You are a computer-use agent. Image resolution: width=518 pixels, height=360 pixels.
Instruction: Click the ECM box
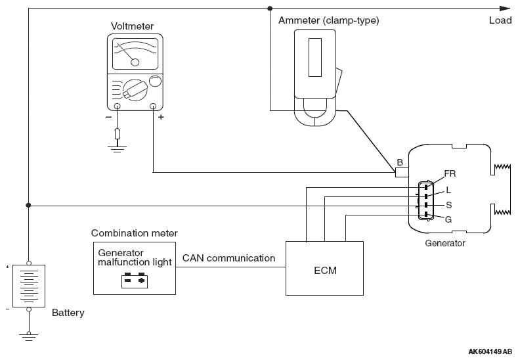click(324, 268)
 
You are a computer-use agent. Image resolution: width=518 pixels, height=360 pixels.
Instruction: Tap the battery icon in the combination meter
click(135, 281)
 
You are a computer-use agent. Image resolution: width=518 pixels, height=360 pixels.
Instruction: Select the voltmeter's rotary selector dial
click(135, 90)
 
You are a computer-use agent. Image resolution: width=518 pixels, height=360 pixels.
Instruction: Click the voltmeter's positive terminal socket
click(153, 106)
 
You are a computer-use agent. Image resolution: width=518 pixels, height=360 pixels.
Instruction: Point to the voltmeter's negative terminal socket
click(118, 106)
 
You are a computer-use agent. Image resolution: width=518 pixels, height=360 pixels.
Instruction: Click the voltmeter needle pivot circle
click(135, 62)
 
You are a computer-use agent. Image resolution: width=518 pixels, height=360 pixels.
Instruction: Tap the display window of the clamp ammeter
click(315, 58)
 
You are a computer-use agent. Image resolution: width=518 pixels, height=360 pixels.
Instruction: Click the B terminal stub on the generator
click(402, 172)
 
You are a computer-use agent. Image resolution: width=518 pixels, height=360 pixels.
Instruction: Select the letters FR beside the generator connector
click(450, 173)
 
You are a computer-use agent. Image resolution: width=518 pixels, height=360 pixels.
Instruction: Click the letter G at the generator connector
click(448, 219)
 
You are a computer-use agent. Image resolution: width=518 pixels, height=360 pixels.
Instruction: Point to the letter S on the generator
click(448, 205)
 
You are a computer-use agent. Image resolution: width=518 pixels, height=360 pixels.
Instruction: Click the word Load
click(500, 20)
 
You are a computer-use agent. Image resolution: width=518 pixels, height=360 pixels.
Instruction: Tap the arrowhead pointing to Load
click(505, 9)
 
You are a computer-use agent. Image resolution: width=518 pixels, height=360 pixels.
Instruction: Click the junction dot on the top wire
click(270, 9)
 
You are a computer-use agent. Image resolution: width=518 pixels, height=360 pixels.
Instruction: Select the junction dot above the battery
click(28, 205)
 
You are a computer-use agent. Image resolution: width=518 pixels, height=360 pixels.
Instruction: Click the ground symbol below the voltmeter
click(118, 148)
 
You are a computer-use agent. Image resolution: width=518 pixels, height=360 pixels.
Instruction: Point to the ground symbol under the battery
click(29, 337)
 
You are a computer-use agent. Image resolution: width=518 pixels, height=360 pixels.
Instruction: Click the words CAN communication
click(228, 258)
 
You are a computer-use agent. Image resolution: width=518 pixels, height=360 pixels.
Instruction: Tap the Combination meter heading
click(134, 233)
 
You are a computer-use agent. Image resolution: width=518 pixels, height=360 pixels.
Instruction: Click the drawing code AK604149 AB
click(490, 351)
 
